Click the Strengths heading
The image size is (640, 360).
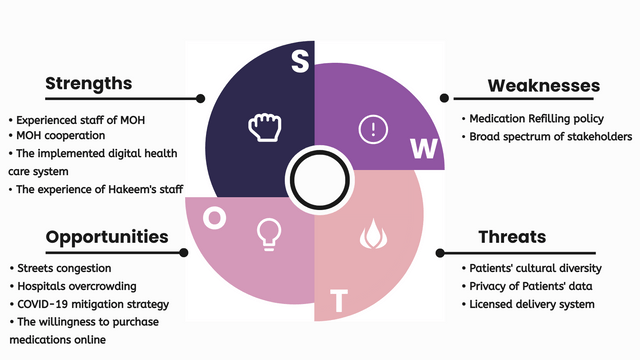(88, 84)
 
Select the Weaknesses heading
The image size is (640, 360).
(543, 85)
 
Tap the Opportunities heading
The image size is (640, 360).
(106, 237)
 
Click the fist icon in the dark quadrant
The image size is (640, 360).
(261, 127)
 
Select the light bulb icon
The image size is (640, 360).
(268, 232)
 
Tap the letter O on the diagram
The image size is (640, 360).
(213, 218)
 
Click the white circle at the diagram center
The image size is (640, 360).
(316, 181)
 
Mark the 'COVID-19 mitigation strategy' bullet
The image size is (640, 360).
(92, 304)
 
